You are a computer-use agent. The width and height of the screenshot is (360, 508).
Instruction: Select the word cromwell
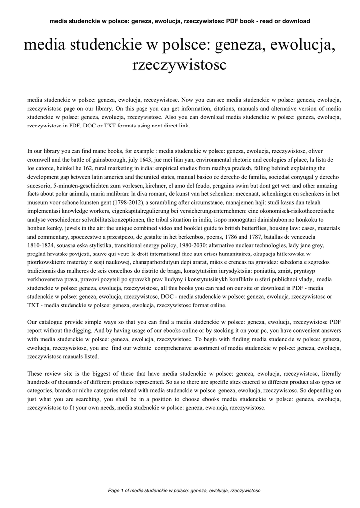click(42, 160)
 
